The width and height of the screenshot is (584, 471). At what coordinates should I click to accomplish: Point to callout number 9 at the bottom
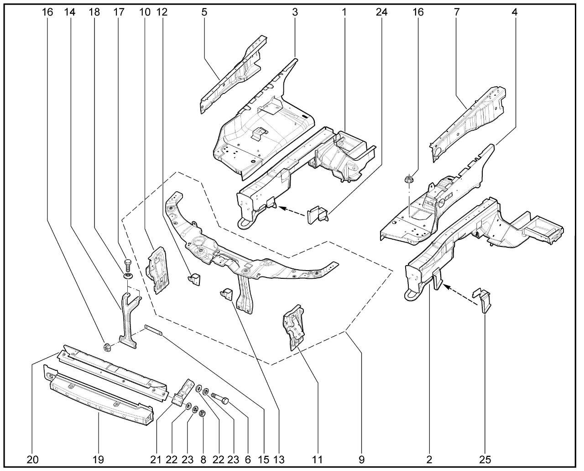click(x=361, y=460)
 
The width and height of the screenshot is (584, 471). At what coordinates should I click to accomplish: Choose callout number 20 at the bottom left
click(x=32, y=460)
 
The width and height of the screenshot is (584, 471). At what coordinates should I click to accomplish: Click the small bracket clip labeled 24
click(x=318, y=214)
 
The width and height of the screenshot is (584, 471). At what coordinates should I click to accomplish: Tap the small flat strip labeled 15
click(x=154, y=330)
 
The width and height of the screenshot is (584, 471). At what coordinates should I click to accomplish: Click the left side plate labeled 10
click(x=156, y=269)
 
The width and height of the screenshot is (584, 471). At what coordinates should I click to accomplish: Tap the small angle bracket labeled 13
click(x=227, y=294)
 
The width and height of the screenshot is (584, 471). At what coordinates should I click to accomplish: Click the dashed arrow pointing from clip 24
click(x=292, y=210)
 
